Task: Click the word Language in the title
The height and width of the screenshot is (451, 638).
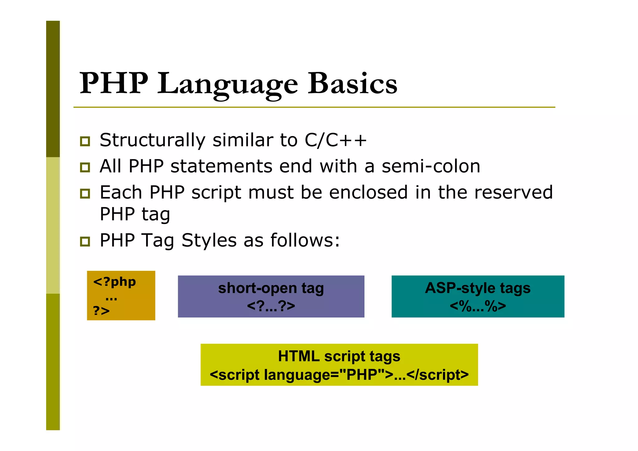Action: coord(227,84)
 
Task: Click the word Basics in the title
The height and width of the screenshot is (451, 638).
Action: coord(352,84)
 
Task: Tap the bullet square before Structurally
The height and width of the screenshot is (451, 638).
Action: coord(85,141)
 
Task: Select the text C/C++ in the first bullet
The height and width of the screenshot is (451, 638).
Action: coord(336,140)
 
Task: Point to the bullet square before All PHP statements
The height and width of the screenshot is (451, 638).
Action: coord(85,167)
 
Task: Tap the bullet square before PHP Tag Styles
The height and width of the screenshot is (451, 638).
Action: coord(85,242)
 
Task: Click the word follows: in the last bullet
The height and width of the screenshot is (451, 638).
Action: coord(305,240)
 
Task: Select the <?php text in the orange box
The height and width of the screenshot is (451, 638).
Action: coord(114,282)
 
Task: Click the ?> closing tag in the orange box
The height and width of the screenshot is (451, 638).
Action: coord(101,311)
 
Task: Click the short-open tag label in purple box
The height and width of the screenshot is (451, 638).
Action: coord(271,288)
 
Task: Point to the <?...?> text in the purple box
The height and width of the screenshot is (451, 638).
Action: coord(271,306)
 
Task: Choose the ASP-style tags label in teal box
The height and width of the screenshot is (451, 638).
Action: coord(478,288)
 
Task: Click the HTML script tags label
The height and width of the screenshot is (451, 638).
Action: coord(339,356)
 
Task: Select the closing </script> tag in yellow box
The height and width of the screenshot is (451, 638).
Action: coord(437,375)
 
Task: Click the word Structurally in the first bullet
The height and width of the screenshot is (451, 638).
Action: coord(152,140)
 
